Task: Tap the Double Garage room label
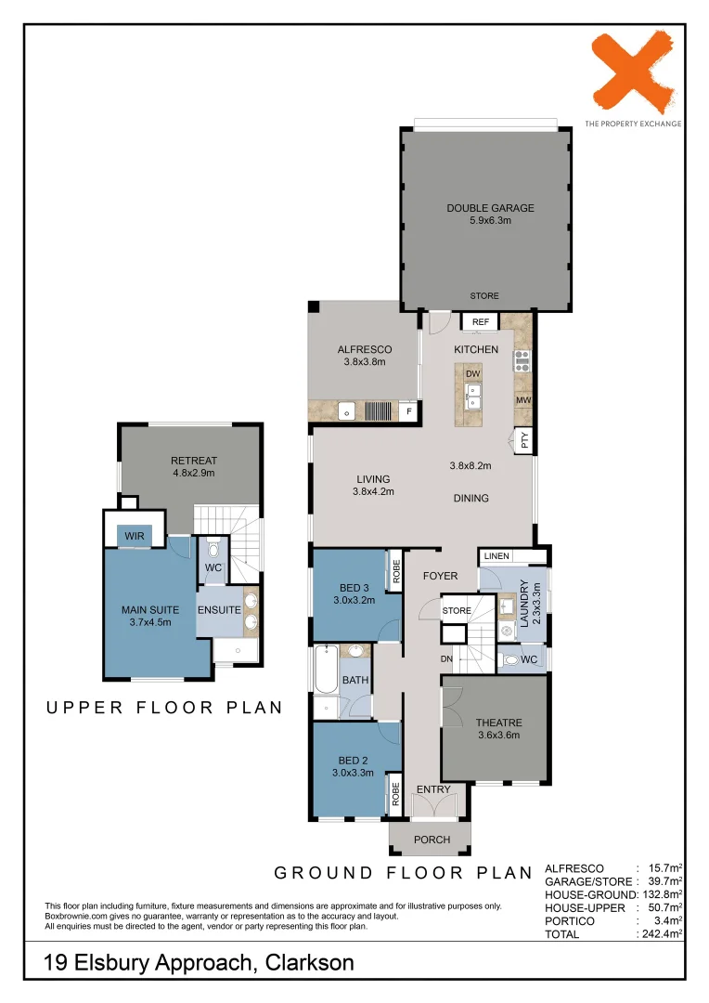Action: point(490,208)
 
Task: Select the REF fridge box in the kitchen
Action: point(480,321)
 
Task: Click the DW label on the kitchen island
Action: point(473,374)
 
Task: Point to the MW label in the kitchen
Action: point(523,400)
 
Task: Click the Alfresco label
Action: point(365,349)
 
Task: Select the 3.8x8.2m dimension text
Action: point(470,465)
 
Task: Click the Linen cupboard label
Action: point(496,556)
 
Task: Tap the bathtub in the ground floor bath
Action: point(326,670)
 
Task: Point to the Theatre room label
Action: point(498,723)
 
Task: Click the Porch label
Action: point(432,840)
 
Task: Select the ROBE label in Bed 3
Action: point(395,570)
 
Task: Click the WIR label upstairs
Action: point(135,536)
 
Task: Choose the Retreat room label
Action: point(194,461)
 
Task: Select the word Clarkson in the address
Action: point(309,963)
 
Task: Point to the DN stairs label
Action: point(446,658)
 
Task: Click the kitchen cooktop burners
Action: point(522,360)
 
